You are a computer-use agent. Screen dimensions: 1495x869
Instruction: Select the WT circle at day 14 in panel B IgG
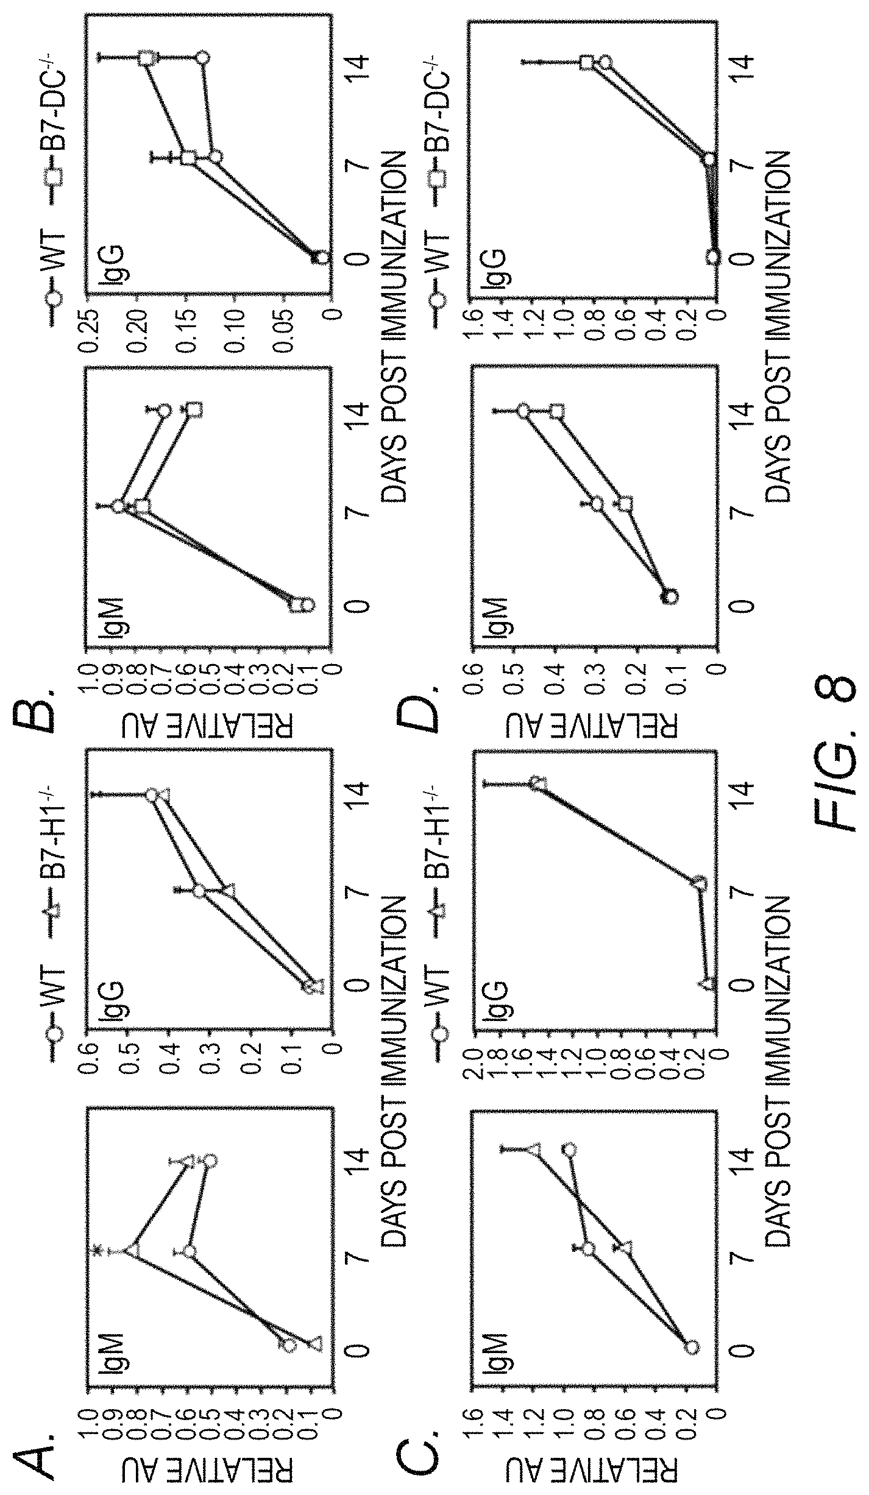coord(202,58)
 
